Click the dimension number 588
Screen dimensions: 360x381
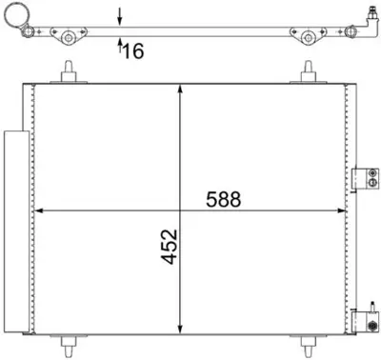pyautogui.click(x=226, y=201)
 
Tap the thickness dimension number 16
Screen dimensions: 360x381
pyautogui.click(x=132, y=50)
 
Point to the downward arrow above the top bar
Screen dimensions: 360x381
pyautogui.click(x=119, y=14)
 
